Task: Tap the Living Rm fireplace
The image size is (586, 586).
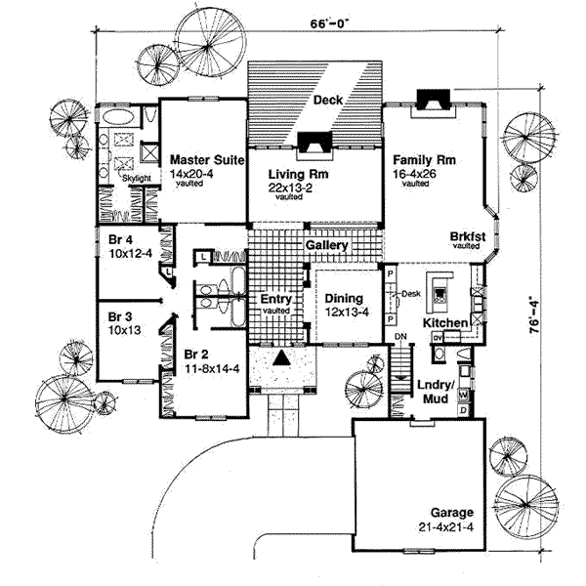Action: tap(314, 144)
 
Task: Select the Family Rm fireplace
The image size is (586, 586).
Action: tap(431, 98)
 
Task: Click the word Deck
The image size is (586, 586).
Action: tap(326, 100)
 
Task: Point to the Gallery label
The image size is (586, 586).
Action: tap(326, 246)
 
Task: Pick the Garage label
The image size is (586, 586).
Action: tap(449, 513)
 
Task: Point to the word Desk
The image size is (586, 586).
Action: tap(409, 292)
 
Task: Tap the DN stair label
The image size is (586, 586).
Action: tap(399, 337)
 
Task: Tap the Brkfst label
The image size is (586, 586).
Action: tap(466, 236)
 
